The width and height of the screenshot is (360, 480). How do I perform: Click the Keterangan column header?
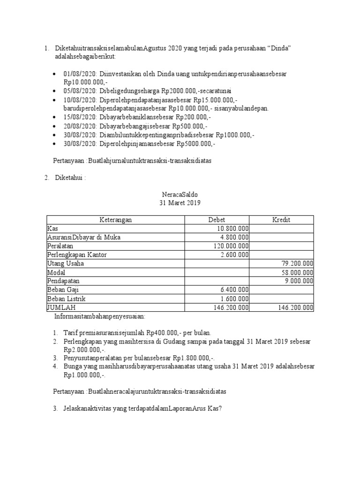[115, 220]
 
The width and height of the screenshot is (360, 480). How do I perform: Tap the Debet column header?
[217, 220]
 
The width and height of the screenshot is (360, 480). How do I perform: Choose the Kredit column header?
[282, 220]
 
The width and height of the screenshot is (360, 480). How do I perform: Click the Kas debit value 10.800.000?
[232, 229]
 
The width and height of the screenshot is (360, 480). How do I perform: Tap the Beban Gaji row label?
[62, 290]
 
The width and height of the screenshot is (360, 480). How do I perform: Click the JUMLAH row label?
[61, 308]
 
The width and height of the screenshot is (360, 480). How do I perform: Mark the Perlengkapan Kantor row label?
[77, 255]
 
